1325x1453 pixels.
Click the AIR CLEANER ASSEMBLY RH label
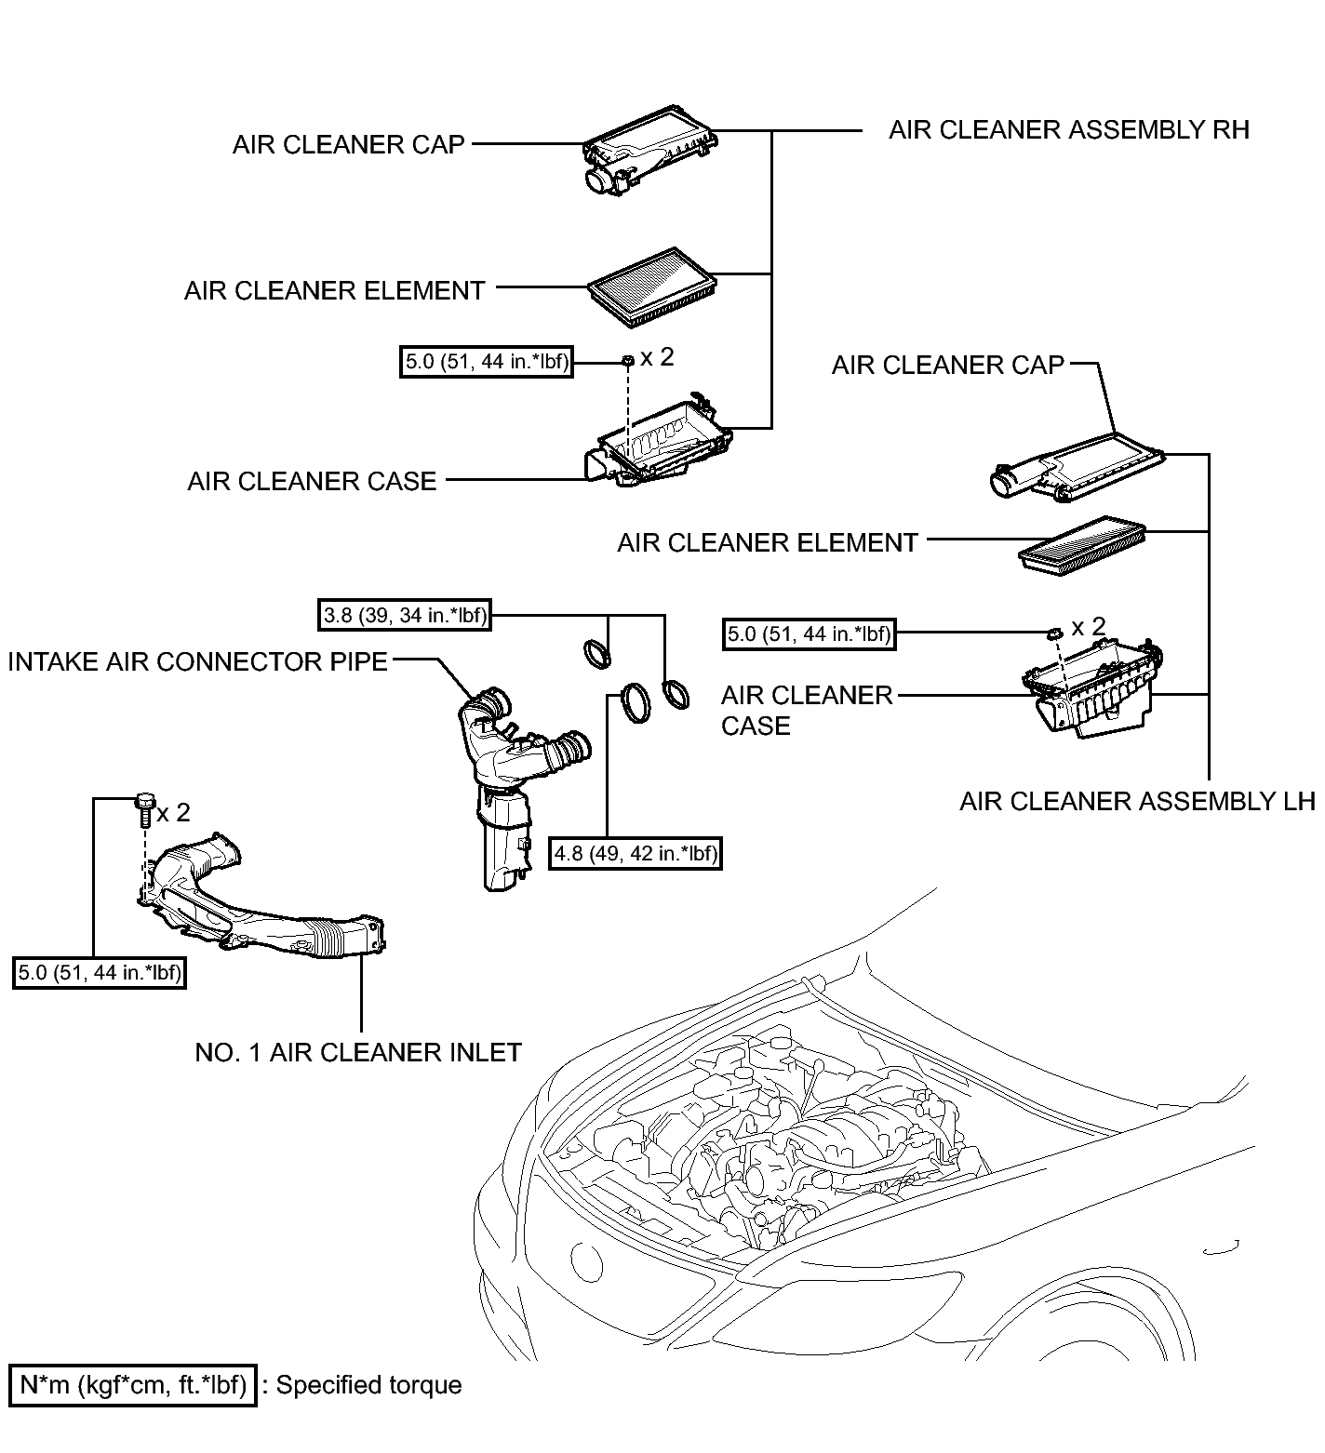pyautogui.click(x=1069, y=129)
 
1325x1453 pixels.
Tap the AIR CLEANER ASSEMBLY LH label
pyautogui.click(x=1137, y=801)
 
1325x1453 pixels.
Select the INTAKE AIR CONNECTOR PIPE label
pyautogui.click(x=197, y=661)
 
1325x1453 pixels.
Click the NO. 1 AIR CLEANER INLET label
pyautogui.click(x=358, y=1052)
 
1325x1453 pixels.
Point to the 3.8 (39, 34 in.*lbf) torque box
pyautogui.click(x=404, y=615)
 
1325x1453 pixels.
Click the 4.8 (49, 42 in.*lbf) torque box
pyautogui.click(x=636, y=853)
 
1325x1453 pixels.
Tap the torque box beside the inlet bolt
pyautogui.click(x=100, y=973)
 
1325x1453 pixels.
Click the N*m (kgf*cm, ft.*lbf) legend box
pyautogui.click(x=132, y=1385)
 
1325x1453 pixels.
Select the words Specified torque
pyautogui.click(x=369, y=1385)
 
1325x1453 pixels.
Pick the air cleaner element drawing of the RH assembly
pyautogui.click(x=652, y=287)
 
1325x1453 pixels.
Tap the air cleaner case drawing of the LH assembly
pyautogui.click(x=1089, y=688)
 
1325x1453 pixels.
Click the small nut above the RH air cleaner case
pyautogui.click(x=628, y=359)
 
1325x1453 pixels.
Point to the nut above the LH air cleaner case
pyautogui.click(x=1053, y=633)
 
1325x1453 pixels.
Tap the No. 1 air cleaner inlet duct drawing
pyautogui.click(x=261, y=907)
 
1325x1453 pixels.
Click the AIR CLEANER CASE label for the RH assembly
pyautogui.click(x=312, y=481)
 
